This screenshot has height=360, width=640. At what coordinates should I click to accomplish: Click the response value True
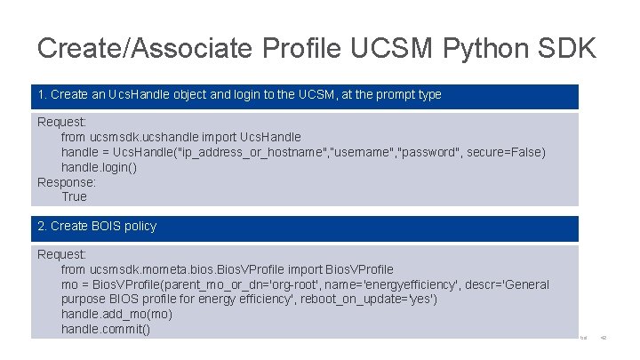pos(74,196)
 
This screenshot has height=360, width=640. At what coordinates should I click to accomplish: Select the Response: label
pos(67,182)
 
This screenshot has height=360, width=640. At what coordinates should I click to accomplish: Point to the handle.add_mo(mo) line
pos(116,315)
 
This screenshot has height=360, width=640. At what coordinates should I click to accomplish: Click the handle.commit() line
pos(105,330)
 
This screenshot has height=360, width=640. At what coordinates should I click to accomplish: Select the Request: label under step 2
pos(61,254)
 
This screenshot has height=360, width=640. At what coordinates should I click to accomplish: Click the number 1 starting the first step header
pos(41,94)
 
